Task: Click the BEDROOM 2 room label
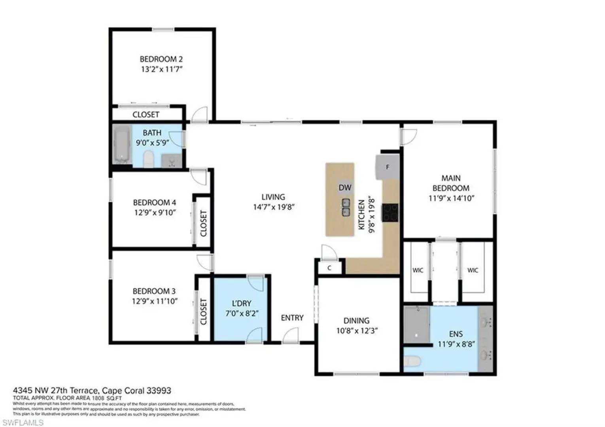point(161,59)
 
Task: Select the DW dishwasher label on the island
point(345,188)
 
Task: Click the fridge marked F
point(387,167)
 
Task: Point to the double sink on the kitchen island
point(346,208)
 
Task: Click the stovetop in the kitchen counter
point(390,212)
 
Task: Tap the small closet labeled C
point(329,268)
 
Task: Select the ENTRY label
point(292,318)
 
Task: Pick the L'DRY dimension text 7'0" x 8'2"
point(242,314)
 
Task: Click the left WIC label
point(418,270)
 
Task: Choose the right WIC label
point(473,270)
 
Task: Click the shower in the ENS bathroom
point(416,325)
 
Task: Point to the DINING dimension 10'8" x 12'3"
point(357,331)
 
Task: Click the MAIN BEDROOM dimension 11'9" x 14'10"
point(451,198)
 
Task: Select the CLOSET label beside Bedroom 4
point(203,223)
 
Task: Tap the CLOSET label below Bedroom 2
point(146,115)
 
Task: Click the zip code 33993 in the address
point(159,391)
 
